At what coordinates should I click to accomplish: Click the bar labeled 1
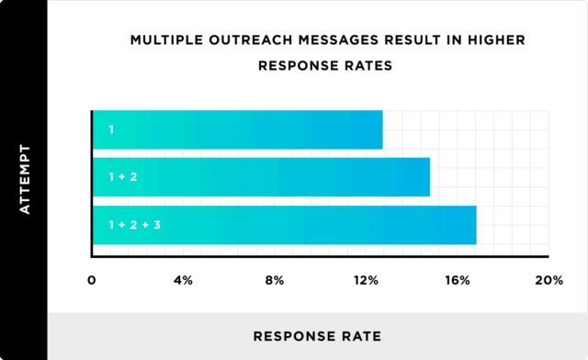pos(237,129)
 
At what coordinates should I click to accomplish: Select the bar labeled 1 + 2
pos(261,177)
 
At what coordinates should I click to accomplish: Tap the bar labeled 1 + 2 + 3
pos(284,225)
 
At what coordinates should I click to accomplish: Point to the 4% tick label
pos(183,279)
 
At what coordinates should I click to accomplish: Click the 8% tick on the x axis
pos(275,279)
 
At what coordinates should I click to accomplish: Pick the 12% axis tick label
pos(367,279)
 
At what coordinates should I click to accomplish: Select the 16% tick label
pos(458,279)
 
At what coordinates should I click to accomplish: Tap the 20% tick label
pos(548,279)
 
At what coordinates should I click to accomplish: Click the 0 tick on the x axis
pos(92,279)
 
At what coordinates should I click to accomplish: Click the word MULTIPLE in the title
pos(168,40)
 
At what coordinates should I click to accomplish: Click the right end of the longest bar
pos(474,225)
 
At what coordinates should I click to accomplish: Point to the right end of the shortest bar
pos(380,129)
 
